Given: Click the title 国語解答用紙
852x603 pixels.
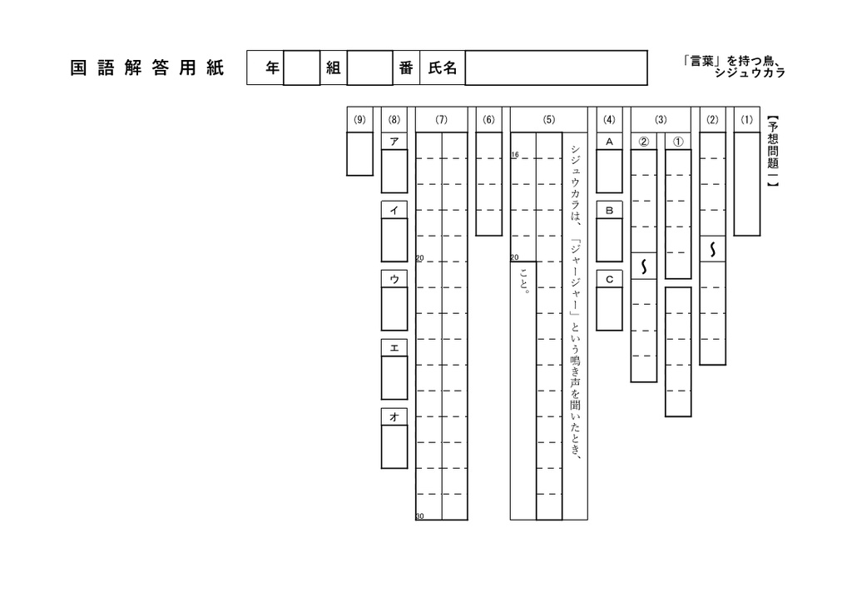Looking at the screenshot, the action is point(146,68).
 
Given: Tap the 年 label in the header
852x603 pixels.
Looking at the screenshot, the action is point(272,68).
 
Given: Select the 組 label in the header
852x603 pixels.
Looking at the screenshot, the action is point(333,68).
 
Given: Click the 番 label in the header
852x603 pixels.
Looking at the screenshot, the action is point(406,68).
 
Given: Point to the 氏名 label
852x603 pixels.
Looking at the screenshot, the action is point(443,68).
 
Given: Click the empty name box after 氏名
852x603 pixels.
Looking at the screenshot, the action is point(556,68).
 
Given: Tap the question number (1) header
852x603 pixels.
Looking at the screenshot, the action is point(746,120).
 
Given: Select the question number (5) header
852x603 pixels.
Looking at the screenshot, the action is point(549,120).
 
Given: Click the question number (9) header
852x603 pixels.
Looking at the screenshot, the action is point(359,120).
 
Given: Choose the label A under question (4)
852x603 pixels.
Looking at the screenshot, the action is point(609,142).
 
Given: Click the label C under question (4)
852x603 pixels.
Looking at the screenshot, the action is point(609,279).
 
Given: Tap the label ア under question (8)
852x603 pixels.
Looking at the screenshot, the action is point(394,142).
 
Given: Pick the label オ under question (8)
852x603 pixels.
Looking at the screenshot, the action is point(394,416).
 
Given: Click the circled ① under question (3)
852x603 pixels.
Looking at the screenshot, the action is point(678,142).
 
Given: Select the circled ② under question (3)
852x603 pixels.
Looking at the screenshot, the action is point(643,142).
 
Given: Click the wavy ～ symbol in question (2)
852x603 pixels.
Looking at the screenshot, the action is point(712,249).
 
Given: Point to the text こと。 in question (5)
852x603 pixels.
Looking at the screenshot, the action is point(524,280).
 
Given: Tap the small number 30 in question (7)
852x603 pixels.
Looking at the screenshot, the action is point(419,516).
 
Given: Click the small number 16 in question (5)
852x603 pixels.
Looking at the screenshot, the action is point(514,155).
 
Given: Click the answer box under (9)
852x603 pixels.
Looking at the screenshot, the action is point(359,154).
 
